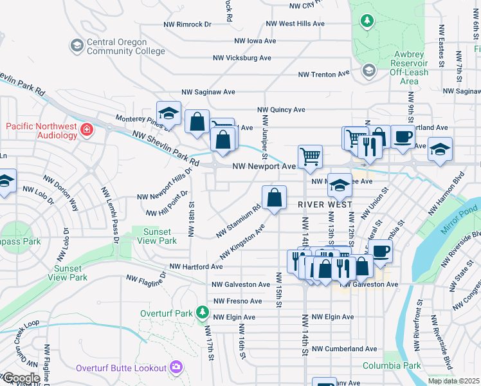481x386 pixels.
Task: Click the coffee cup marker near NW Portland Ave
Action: [403, 137]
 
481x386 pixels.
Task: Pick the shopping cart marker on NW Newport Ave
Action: [310, 156]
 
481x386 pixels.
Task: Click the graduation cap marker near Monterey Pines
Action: [168, 114]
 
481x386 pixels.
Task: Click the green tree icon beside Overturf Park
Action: [203, 313]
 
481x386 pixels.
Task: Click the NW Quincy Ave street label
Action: [281, 109]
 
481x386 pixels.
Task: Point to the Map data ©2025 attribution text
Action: [453, 381]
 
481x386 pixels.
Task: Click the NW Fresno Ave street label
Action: [237, 300]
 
